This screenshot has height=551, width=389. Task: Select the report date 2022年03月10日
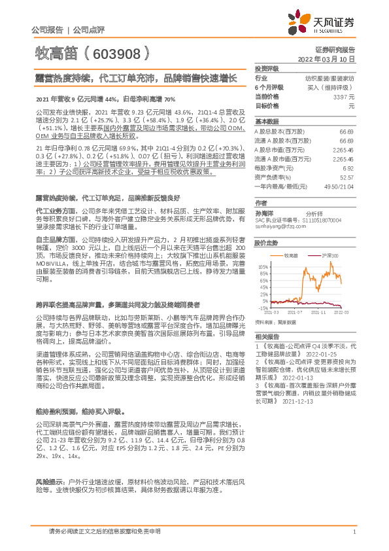pos(333,58)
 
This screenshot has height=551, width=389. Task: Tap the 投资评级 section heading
pos(266,68)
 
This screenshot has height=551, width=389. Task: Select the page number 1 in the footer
pos(353,532)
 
